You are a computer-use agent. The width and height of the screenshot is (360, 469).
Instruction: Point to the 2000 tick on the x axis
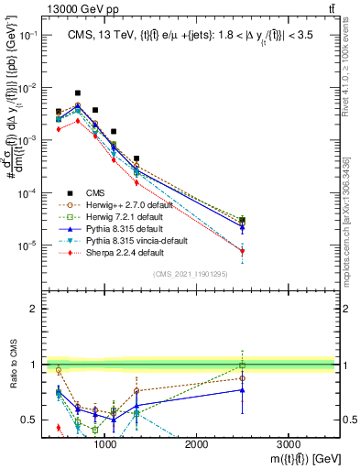click(x=197, y=433)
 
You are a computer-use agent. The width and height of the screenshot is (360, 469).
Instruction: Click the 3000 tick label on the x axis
click(x=289, y=442)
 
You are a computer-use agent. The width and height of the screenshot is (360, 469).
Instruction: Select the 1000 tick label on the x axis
click(x=105, y=442)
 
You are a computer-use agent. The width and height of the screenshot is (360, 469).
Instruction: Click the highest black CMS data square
click(x=78, y=93)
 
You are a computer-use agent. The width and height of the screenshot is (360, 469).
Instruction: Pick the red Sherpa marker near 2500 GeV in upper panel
click(x=242, y=251)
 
